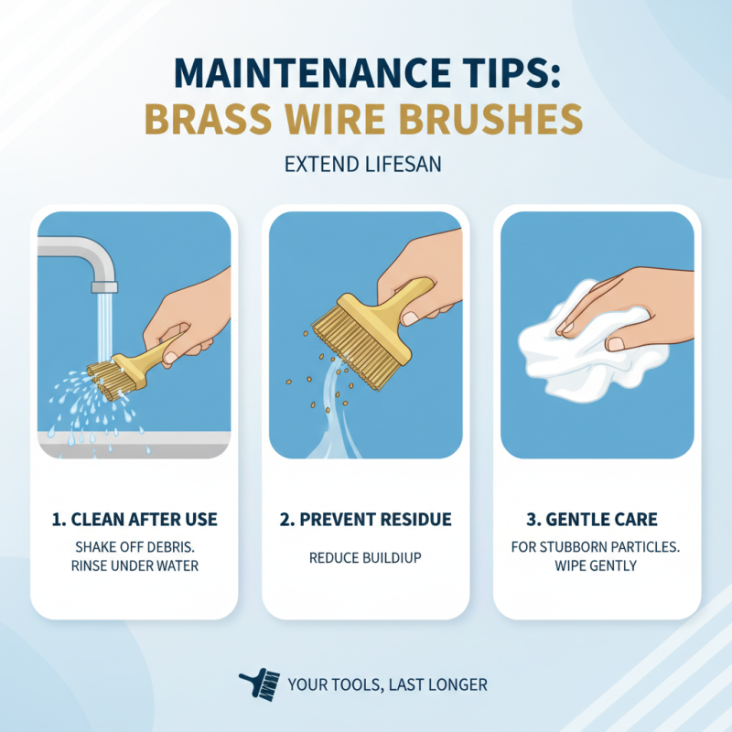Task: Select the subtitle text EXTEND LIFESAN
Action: tap(365, 166)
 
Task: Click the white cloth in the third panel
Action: tap(567, 343)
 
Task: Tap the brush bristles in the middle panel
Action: tap(345, 334)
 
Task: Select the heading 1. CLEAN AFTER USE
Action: tap(135, 520)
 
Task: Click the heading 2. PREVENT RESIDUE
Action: tap(365, 520)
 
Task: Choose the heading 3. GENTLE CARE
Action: tap(597, 520)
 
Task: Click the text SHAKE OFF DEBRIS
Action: tap(135, 547)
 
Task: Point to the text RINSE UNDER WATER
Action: tap(135, 566)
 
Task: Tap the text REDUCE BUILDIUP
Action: tap(365, 557)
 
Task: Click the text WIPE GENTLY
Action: tap(597, 566)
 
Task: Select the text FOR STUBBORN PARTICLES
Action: tap(597, 547)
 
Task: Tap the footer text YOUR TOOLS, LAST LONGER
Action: tap(387, 684)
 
